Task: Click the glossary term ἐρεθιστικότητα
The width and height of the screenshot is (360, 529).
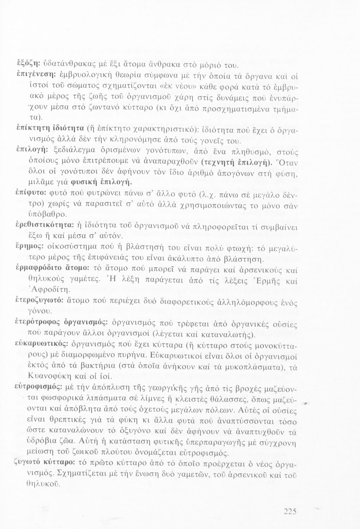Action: click(x=48, y=225)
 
